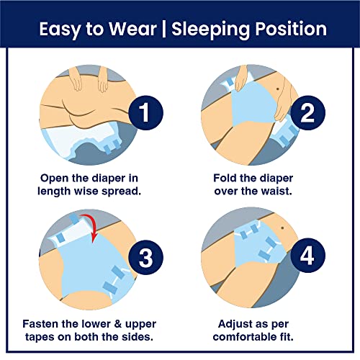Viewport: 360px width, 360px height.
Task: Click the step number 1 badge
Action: coord(146,113)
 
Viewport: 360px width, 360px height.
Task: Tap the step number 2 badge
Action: coord(308,113)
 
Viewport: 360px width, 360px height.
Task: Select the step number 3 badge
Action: coord(146,257)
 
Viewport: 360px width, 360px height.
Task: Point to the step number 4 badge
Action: coord(308,256)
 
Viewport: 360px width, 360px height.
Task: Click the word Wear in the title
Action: coord(132,29)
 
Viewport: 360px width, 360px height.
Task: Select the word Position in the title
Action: coord(291,29)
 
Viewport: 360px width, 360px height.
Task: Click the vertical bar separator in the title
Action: coord(164,30)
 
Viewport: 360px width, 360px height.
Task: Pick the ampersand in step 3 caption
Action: coord(117,324)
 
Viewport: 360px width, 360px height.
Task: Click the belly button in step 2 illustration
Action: coord(278,89)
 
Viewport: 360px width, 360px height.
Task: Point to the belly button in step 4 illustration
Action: coord(282,228)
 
